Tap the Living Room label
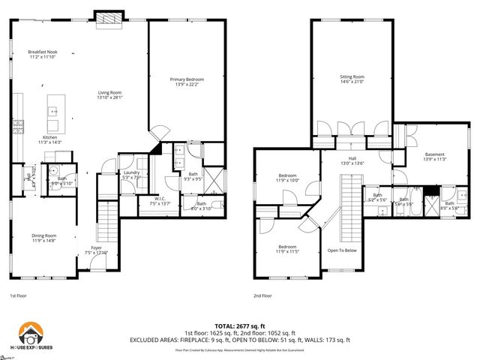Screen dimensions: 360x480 [x=109, y=95]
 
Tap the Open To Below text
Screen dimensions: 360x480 [x=342, y=250]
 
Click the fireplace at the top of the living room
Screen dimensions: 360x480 [x=107, y=16]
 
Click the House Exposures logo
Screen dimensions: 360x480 [x=34, y=334]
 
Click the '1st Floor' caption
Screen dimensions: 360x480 [x=19, y=295]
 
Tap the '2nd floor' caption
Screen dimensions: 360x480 [x=262, y=295]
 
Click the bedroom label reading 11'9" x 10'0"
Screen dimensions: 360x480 [x=289, y=178]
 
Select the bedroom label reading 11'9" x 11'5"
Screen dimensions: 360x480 [x=289, y=248]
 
